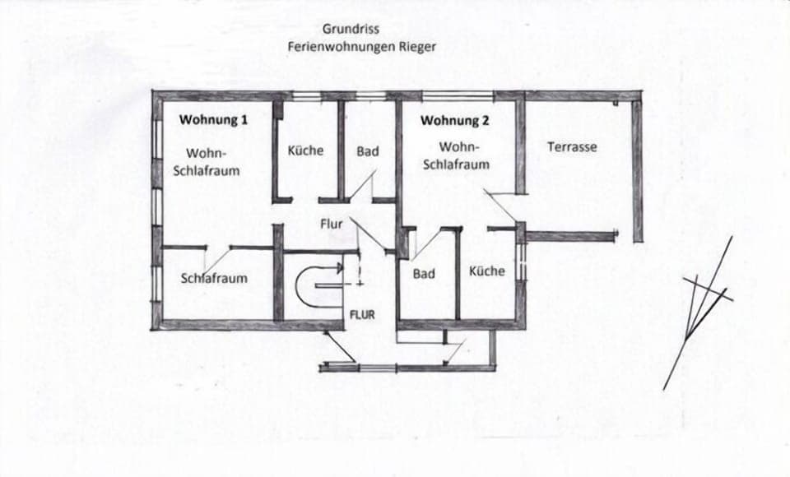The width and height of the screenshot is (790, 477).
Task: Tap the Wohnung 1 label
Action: [214, 119]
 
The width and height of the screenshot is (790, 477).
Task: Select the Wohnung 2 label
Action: [455, 120]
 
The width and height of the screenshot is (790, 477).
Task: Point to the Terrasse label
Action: [572, 147]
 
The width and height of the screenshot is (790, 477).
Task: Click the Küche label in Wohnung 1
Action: [305, 151]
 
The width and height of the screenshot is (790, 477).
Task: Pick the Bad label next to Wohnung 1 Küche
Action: [368, 151]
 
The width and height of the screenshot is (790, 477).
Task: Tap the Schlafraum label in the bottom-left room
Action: [214, 278]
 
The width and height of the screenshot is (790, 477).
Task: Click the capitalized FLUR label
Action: [362, 314]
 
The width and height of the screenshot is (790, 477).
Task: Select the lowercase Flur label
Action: [332, 223]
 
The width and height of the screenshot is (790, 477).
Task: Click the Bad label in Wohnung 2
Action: [424, 274]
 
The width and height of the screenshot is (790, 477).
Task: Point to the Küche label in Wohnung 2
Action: [487, 271]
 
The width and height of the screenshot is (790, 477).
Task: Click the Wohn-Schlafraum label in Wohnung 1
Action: [206, 162]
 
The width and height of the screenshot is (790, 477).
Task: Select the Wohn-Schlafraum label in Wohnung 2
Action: [456, 155]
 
